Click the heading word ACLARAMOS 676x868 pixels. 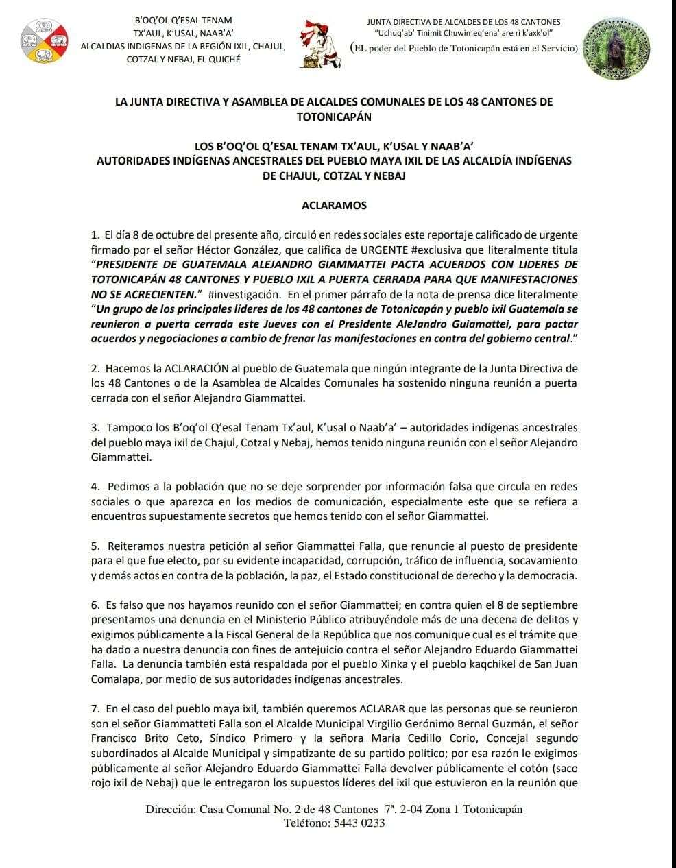pyautogui.click(x=334, y=205)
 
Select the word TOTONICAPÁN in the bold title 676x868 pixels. pyautogui.click(x=334, y=117)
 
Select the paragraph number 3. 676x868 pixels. pyautogui.click(x=95, y=428)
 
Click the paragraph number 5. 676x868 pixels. pyautogui.click(x=95, y=546)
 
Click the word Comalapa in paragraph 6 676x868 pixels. pyautogui.click(x=114, y=679)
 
